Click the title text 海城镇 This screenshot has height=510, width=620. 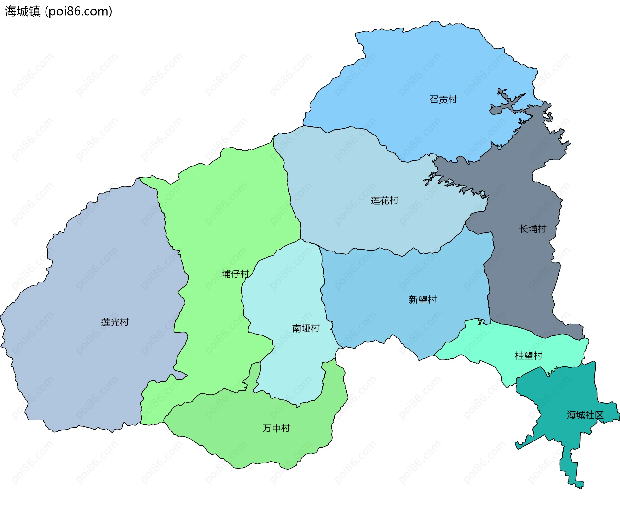coord(23,11)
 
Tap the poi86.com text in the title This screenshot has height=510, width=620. coord(78,11)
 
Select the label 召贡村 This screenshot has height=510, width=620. coord(443,99)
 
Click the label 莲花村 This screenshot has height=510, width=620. coord(384,200)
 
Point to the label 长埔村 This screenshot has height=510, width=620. coord(532,229)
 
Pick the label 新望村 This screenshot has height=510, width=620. coord(422,300)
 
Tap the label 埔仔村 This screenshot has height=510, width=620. coord(235,274)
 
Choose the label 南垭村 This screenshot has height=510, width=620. coord(305,328)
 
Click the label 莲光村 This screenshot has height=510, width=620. coord(115,322)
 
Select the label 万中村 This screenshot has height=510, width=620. coord(276,428)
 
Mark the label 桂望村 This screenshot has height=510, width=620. coord(528,356)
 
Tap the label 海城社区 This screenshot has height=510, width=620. coord(585,415)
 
